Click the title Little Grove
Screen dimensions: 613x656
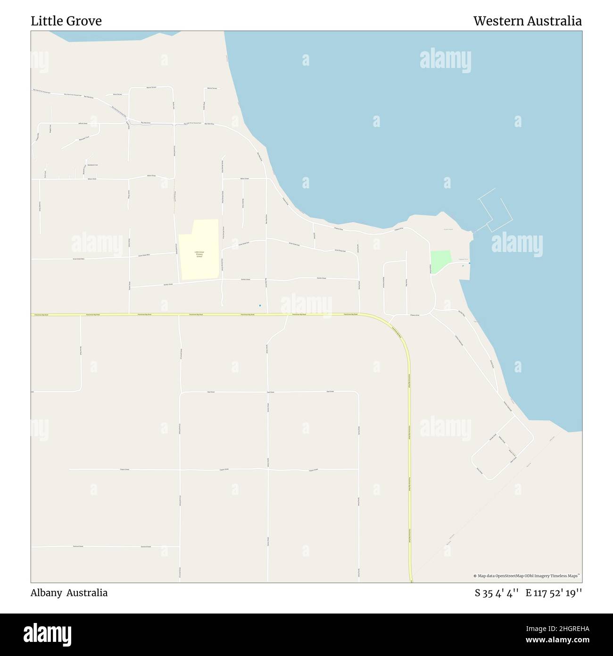click(x=66, y=21)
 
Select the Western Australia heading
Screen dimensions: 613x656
click(x=527, y=21)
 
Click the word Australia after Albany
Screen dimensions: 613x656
click(x=87, y=593)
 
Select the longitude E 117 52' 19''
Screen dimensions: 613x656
click(x=554, y=593)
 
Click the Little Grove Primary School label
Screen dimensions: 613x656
click(x=199, y=254)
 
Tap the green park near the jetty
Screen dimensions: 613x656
click(x=439, y=261)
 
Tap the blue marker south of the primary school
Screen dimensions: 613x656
click(x=260, y=305)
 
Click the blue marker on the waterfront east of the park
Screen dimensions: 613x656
click(x=469, y=263)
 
